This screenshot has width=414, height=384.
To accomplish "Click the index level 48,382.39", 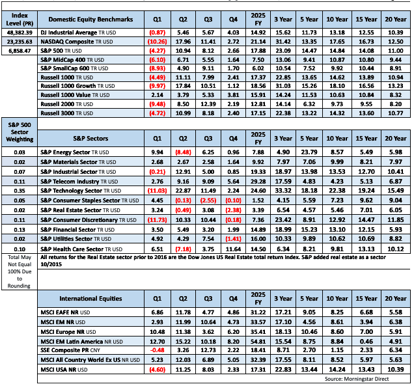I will click(x=20, y=31).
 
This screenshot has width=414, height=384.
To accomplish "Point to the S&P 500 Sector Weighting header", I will click(x=20, y=138).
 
